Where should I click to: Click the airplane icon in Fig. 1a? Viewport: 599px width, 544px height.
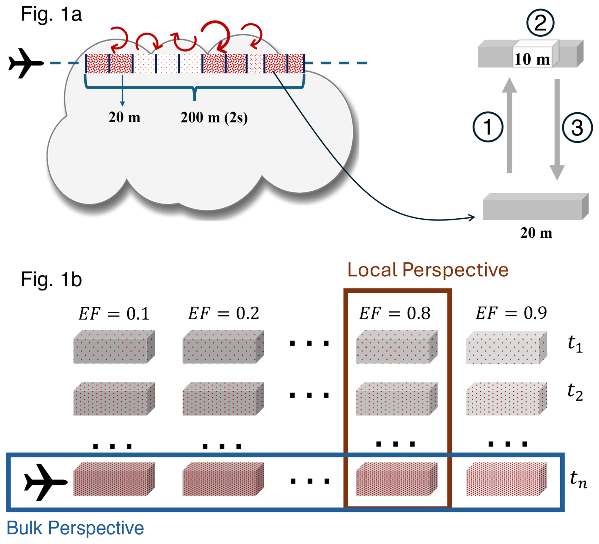(x=25, y=63)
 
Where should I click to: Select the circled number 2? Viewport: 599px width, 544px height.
(x=540, y=23)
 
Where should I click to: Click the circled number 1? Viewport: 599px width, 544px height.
(x=488, y=127)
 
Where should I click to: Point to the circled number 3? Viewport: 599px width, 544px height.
(x=577, y=128)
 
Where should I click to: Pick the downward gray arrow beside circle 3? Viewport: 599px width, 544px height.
(x=557, y=130)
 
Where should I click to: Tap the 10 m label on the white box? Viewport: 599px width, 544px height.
(x=532, y=59)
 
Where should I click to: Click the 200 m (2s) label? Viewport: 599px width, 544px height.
(x=214, y=117)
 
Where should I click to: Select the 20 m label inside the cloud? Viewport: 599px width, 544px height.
(x=124, y=117)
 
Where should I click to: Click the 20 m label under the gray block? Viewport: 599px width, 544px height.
(x=536, y=233)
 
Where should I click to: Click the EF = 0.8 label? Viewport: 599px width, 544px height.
(x=394, y=314)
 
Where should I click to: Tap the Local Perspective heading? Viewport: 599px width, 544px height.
(x=427, y=270)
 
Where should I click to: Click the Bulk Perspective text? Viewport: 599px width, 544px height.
(x=75, y=528)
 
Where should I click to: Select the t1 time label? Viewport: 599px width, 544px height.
(x=575, y=344)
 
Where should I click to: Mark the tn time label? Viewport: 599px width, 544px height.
(x=578, y=480)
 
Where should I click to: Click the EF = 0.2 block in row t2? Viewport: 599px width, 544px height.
(x=223, y=399)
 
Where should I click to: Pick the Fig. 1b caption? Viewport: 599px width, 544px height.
(x=51, y=279)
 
